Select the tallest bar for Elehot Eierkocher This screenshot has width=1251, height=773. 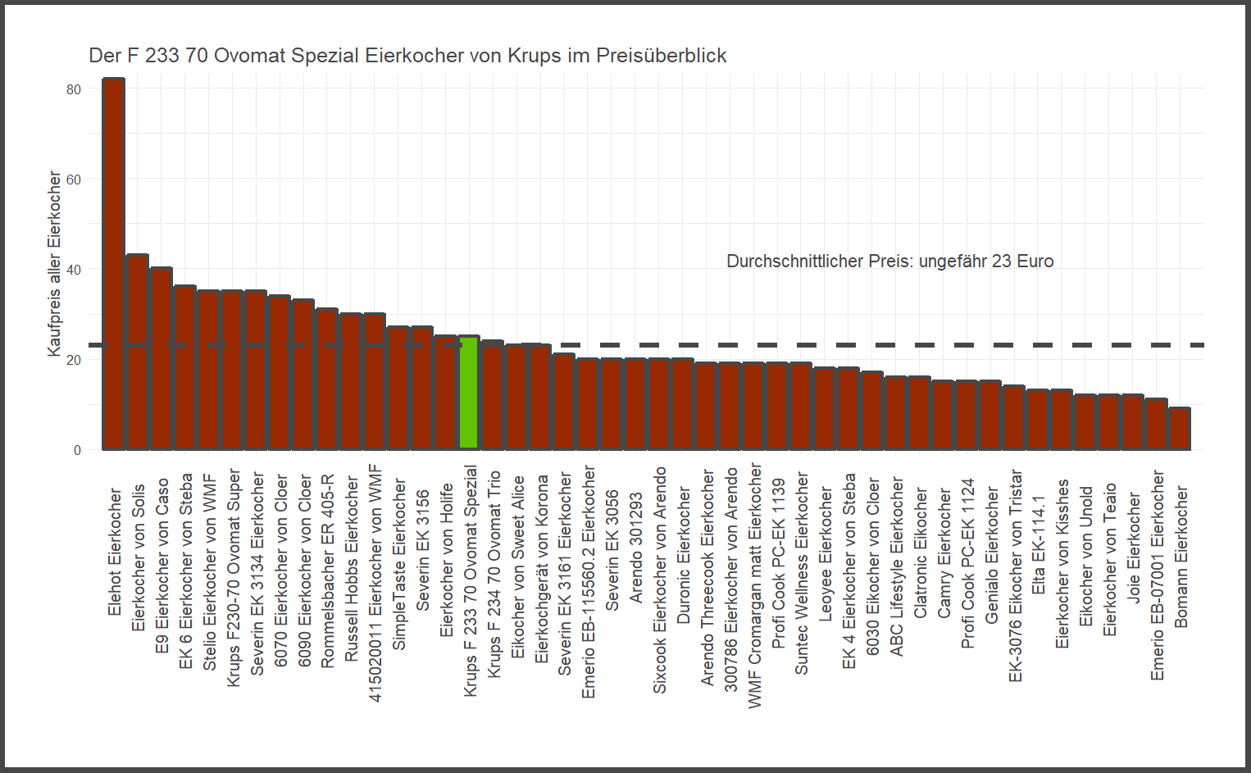113,262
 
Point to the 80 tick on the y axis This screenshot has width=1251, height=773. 74,89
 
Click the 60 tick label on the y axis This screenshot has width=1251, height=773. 74,180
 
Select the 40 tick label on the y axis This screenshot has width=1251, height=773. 74,270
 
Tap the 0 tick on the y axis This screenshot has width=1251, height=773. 77,450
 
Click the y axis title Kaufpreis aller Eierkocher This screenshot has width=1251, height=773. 54,263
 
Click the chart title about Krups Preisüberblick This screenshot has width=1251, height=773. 407,56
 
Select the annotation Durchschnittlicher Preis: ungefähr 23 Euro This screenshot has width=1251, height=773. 889,261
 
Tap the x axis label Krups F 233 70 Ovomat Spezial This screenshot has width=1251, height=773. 470,580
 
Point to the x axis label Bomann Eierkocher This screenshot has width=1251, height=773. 1180,557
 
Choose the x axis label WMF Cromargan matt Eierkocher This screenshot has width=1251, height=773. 754,585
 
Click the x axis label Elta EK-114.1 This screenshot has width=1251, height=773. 1039,544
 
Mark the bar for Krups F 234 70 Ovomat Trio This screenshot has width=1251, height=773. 492,394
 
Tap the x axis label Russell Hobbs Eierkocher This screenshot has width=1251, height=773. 352,569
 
